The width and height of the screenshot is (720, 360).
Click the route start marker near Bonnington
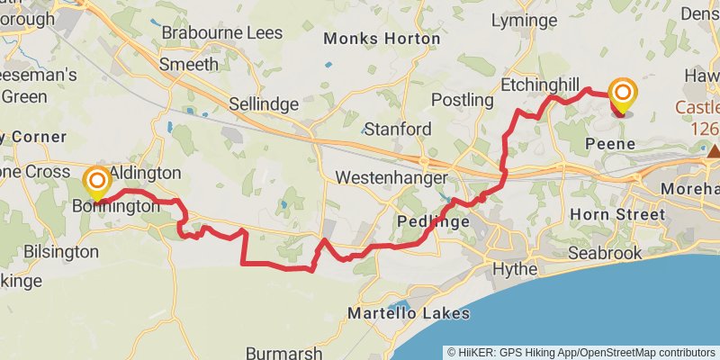point(96,182)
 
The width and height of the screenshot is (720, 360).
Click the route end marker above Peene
point(623,94)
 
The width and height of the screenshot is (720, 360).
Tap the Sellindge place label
point(263,104)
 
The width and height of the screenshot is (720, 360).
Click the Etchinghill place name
point(539,84)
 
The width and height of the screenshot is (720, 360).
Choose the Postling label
point(463,99)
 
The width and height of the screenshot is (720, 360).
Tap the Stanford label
point(397,129)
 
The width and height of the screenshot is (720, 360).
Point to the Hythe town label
point(516,269)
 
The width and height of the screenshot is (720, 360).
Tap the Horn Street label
point(617,214)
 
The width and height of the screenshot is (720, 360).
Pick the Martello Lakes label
point(409,314)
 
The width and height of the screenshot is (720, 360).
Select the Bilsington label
point(62,251)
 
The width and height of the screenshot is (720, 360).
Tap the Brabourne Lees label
point(221,33)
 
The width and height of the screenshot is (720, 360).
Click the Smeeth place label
point(188,64)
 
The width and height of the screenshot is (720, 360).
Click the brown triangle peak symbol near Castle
point(714,152)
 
